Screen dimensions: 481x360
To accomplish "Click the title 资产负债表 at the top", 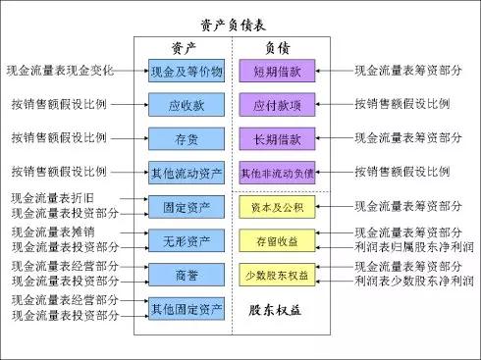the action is [233, 26].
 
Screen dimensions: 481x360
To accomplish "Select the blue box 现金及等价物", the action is [187, 71].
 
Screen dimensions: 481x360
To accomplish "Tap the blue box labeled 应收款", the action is [187, 105].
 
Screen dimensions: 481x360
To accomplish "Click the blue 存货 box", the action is [187, 138].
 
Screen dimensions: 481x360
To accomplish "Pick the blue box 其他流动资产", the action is [187, 173].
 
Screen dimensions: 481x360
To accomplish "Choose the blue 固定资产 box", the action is [187, 207].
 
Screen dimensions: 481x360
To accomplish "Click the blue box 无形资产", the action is [187, 240].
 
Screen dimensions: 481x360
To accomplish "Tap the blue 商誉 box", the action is [187, 275].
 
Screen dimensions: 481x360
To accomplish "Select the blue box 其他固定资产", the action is [187, 309].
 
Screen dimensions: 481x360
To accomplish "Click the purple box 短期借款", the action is [277, 71].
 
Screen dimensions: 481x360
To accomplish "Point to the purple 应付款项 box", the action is [277, 105].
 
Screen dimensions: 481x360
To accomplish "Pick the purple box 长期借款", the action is [277, 138].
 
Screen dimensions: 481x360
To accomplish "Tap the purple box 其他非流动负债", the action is [277, 173].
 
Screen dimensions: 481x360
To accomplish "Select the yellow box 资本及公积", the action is [277, 207].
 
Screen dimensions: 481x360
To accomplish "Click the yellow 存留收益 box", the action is [277, 240].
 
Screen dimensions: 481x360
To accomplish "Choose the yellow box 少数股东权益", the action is [277, 275].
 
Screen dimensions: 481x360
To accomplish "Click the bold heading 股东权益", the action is [275, 310].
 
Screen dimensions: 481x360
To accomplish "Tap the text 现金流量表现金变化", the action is [60, 71].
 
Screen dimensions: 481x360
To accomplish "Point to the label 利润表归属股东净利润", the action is [414, 247].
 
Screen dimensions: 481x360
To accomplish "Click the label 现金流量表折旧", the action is [53, 198].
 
